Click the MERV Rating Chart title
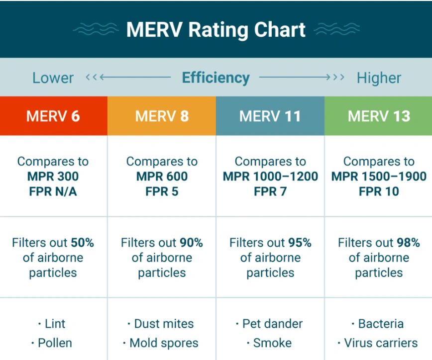(216, 30)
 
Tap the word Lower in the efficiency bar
(53, 78)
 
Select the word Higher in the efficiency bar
(379, 78)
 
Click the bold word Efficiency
(216, 78)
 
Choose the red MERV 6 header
(53, 116)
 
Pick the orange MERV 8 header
(162, 116)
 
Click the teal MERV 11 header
(270, 116)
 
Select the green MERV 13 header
(379, 116)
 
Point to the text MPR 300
(53, 177)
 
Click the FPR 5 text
(162, 191)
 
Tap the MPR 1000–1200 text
(270, 177)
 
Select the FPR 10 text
(379, 191)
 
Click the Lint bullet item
(53, 324)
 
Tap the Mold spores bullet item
(162, 343)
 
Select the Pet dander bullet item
(270, 324)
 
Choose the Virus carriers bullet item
(379, 343)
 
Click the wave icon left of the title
(96, 30)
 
